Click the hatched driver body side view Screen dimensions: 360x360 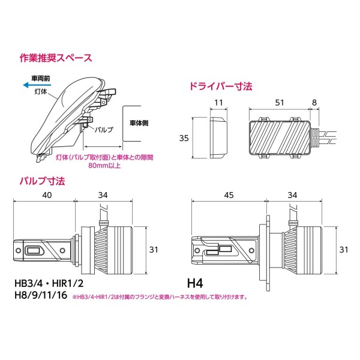[x=280, y=135]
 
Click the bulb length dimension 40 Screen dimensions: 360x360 [x=47, y=194]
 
